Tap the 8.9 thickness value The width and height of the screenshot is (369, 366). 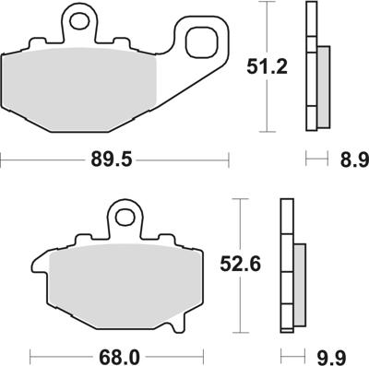point(350,160)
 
